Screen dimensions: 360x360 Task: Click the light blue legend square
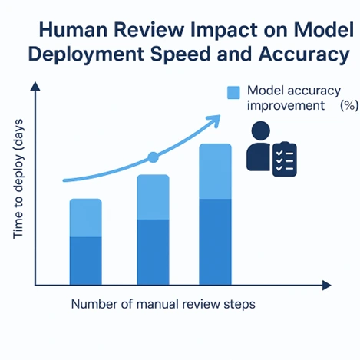pos(234,92)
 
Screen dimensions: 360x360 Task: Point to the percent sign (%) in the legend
pos(348,106)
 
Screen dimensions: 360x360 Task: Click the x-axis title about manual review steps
pos(163,304)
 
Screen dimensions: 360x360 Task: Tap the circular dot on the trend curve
pos(153,157)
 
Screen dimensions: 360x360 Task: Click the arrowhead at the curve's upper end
pos(216,119)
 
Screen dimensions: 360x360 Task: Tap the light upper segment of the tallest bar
pos(215,171)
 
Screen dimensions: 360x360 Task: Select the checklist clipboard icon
pos(285,157)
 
